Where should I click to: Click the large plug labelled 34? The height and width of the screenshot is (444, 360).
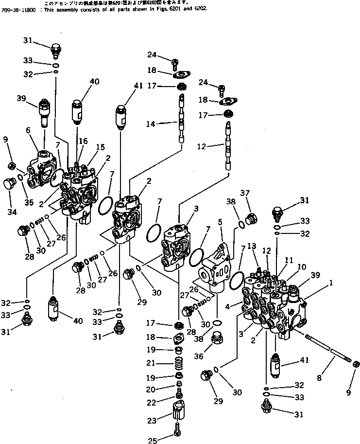[10, 185]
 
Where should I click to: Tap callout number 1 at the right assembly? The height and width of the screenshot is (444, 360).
[331, 282]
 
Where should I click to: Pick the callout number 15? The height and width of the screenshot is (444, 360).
[100, 146]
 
